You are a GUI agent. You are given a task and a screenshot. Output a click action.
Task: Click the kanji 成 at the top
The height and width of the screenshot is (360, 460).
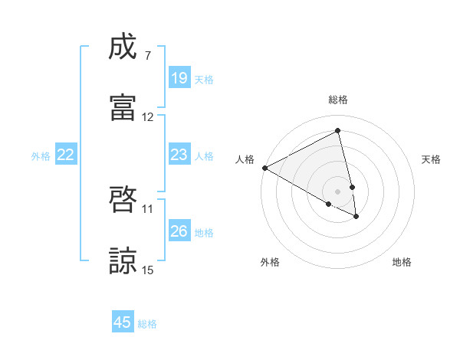(123, 47)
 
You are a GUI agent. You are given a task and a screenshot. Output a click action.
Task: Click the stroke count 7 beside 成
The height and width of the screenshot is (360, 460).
(147, 56)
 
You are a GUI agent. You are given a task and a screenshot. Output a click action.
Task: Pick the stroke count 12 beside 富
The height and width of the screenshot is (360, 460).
(148, 117)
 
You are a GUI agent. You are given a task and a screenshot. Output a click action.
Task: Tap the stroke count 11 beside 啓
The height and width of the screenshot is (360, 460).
(148, 208)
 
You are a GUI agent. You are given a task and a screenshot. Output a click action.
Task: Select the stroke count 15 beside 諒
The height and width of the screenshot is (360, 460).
(148, 270)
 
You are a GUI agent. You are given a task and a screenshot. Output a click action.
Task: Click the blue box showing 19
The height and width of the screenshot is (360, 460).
(179, 78)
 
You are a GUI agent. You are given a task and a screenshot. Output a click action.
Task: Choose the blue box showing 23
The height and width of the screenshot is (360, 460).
(179, 155)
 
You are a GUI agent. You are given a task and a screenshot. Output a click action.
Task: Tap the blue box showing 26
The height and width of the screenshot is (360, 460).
(179, 231)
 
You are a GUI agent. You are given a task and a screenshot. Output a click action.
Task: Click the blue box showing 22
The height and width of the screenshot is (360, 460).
(66, 155)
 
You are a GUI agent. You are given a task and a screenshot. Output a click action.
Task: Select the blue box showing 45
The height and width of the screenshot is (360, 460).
(123, 322)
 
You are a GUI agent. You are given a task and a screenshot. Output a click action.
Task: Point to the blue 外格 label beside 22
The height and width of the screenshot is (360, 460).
(41, 156)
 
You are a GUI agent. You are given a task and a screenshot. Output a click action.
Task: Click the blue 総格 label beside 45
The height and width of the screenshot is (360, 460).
(147, 324)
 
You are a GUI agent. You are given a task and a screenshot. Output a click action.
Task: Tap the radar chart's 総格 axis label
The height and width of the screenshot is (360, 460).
(337, 100)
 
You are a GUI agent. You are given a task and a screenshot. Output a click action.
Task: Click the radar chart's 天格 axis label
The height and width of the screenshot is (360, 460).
(432, 159)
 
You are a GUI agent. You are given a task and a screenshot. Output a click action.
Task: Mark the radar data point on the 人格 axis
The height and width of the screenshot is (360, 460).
(264, 168)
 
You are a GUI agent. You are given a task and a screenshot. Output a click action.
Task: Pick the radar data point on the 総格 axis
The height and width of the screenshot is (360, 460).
(337, 131)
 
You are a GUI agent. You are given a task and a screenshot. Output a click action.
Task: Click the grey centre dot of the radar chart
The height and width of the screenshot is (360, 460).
(337, 191)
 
